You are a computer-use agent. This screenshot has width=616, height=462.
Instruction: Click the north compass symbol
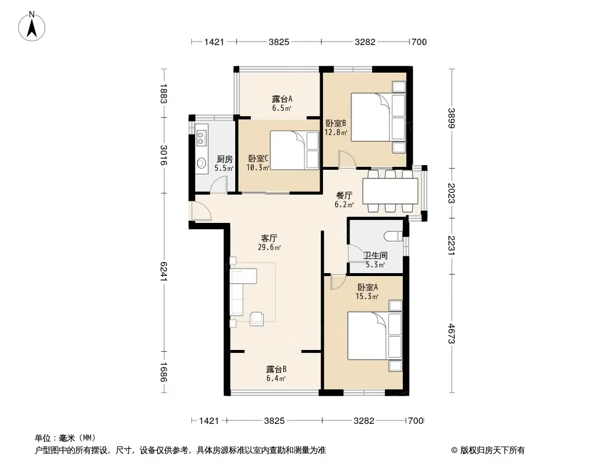tap(32, 26)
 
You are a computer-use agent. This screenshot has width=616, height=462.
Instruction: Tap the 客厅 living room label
tap(269, 239)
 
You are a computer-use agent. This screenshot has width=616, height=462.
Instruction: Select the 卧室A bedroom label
tap(368, 288)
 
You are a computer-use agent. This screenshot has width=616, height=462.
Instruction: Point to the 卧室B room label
tap(336, 123)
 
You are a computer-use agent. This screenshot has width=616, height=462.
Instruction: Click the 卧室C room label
tap(258, 159)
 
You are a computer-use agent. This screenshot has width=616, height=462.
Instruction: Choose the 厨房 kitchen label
tap(225, 159)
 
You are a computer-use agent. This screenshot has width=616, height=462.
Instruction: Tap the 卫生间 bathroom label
tap(376, 255)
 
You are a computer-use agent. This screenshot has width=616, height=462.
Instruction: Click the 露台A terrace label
tap(282, 99)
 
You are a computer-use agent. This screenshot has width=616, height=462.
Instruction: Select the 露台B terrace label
tap(276, 370)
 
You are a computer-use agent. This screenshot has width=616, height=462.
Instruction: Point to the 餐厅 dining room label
tap(344, 195)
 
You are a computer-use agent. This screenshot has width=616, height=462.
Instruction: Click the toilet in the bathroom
tap(393, 236)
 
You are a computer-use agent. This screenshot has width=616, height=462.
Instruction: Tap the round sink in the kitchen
tap(202, 162)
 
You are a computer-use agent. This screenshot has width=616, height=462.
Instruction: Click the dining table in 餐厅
tap(390, 191)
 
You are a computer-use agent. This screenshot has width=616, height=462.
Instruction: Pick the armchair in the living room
tap(257, 318)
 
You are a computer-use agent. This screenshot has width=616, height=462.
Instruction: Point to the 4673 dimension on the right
tap(451, 333)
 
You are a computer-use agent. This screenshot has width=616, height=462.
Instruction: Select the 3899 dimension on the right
tap(451, 118)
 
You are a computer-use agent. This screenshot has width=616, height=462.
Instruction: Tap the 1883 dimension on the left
tap(164, 94)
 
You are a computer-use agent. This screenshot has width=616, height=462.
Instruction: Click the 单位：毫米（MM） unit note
tap(65, 438)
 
